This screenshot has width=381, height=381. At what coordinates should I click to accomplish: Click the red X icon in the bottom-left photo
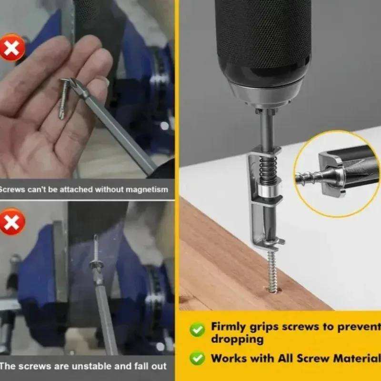pyautogui.click(x=12, y=222)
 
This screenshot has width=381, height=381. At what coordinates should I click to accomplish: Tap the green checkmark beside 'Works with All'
pyautogui.click(x=197, y=358)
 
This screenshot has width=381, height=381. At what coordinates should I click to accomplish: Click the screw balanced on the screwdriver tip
pyautogui.click(x=96, y=252)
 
